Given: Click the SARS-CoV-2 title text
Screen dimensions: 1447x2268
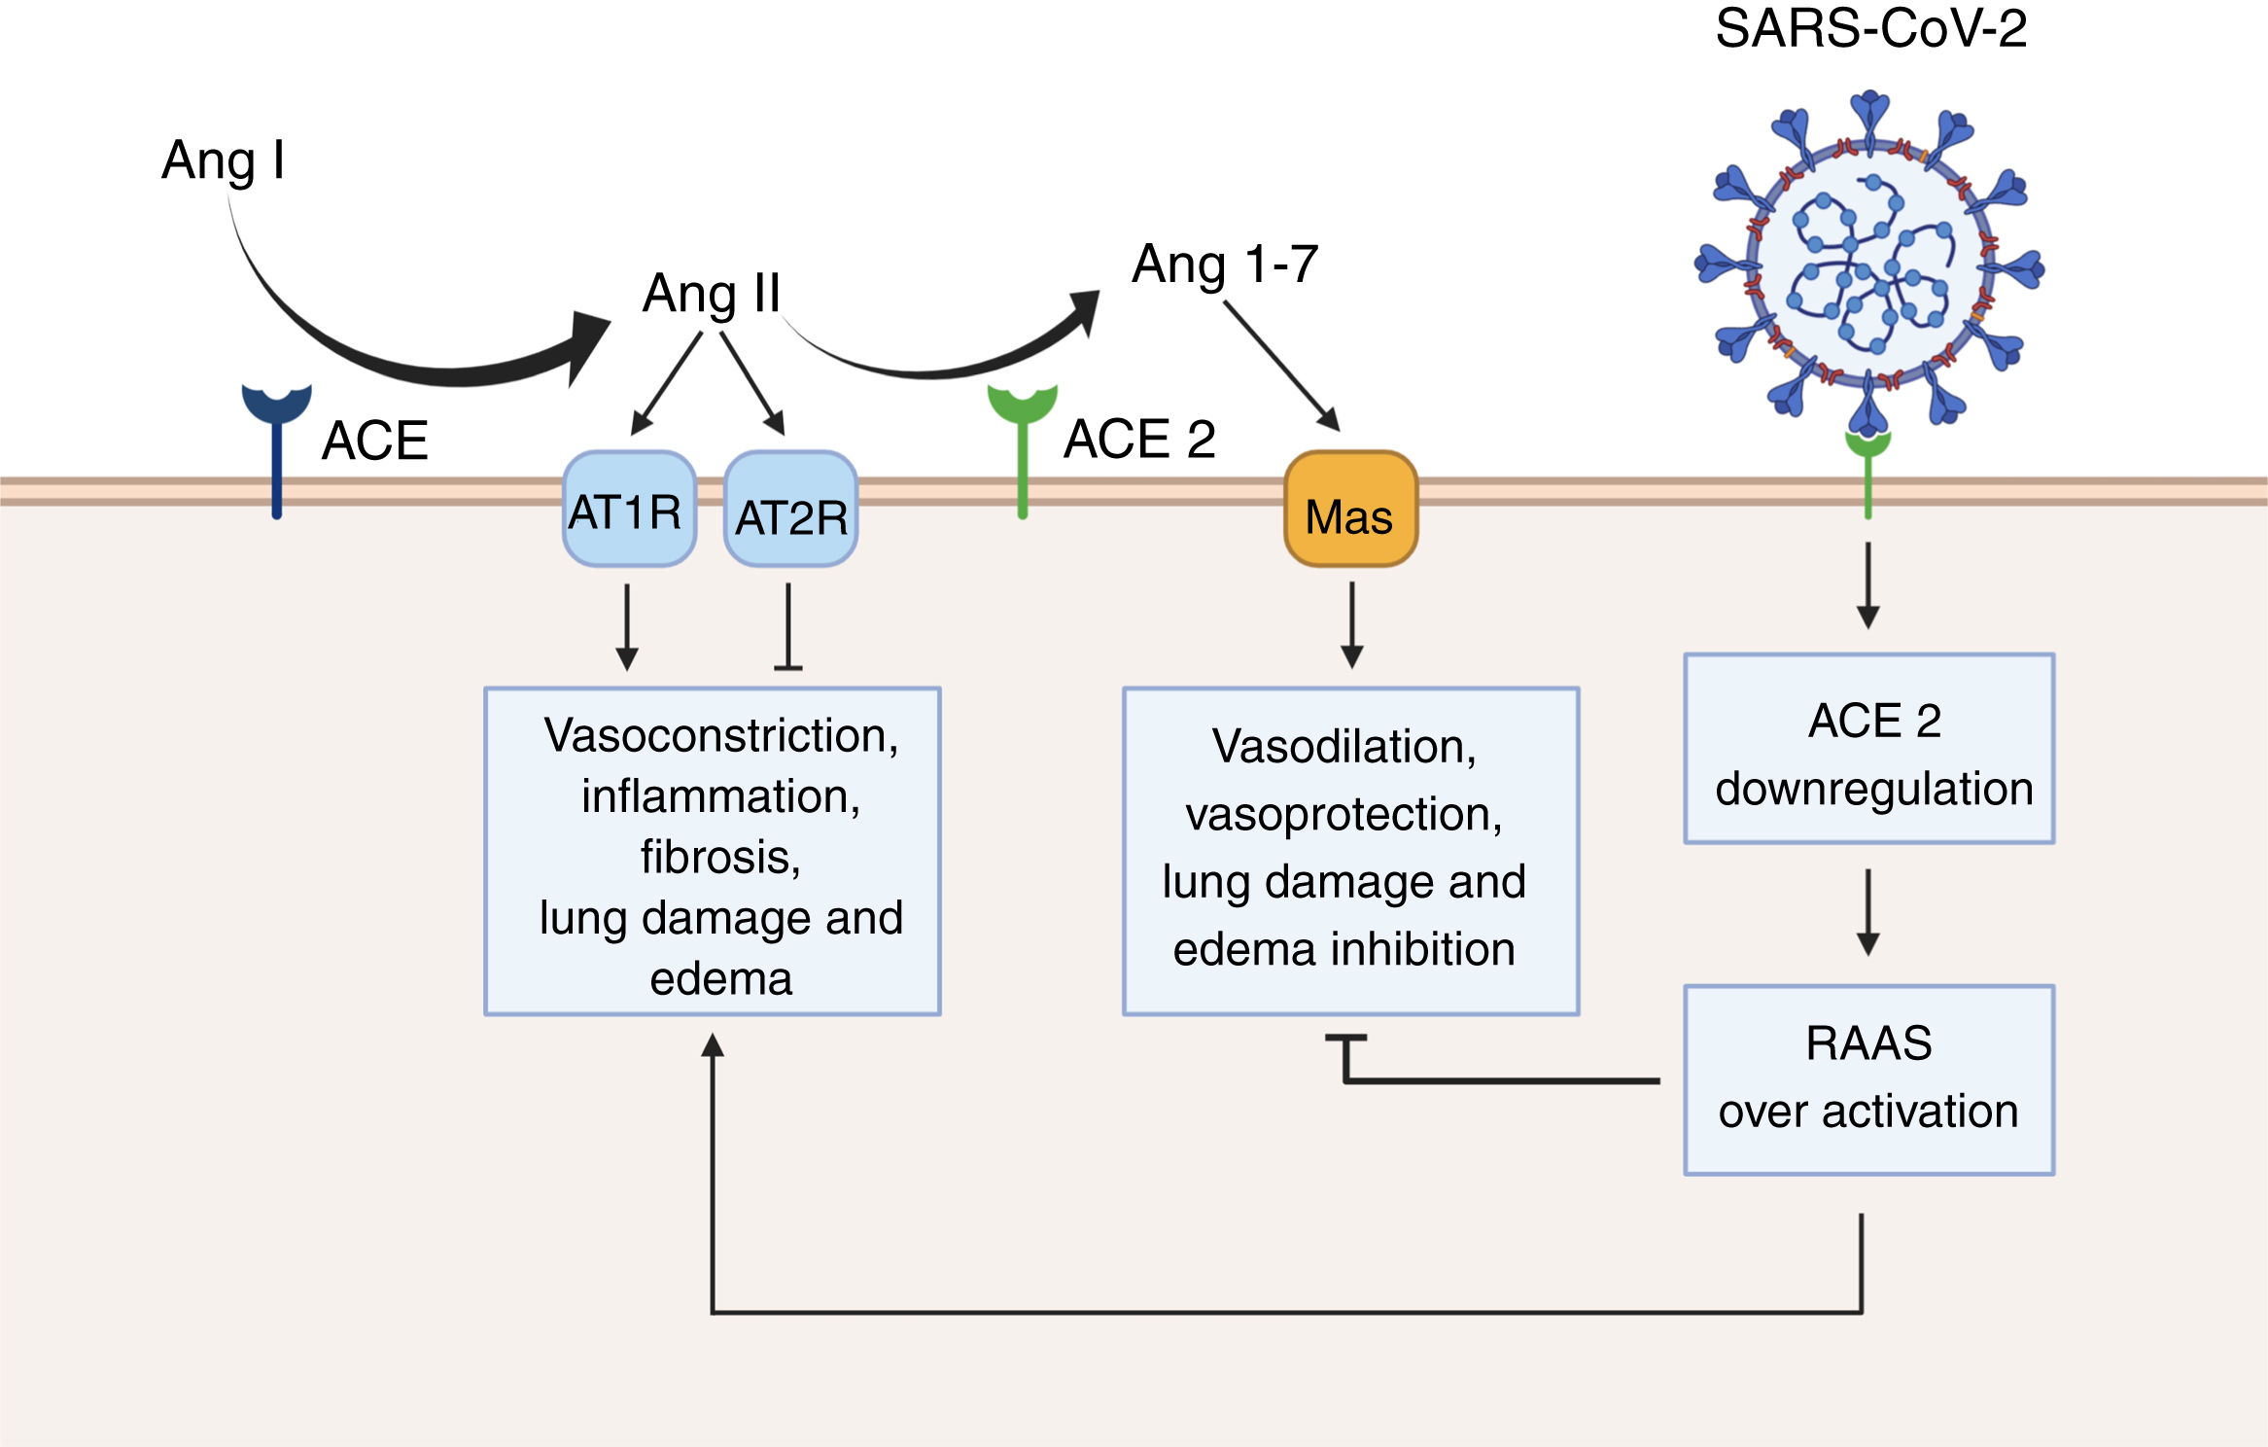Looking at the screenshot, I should coord(1870,29).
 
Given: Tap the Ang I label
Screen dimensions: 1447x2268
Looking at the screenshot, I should coord(224,160).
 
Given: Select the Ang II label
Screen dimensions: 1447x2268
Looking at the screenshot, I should coord(712,294).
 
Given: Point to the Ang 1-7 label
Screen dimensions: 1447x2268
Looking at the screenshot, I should coord(1225,265).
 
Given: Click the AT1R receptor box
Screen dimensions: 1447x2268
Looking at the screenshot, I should coord(629,509).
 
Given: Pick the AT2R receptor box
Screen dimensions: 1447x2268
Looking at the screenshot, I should coord(791,511).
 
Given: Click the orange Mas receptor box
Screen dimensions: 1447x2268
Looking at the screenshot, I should coord(1350,510).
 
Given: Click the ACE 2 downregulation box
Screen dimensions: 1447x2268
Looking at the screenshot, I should coord(1868,749).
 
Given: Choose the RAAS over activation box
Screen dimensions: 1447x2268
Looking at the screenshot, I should coord(1868,1079).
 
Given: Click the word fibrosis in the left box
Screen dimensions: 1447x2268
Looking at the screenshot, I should coord(720,858).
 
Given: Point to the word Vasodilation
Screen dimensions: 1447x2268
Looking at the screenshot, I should coord(1343,747).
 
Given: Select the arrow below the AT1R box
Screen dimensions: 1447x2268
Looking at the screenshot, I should coord(627,627).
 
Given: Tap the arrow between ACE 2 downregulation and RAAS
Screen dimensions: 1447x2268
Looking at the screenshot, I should coord(1867,912).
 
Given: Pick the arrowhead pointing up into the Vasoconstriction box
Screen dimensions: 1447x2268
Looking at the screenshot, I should coord(713,1046).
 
